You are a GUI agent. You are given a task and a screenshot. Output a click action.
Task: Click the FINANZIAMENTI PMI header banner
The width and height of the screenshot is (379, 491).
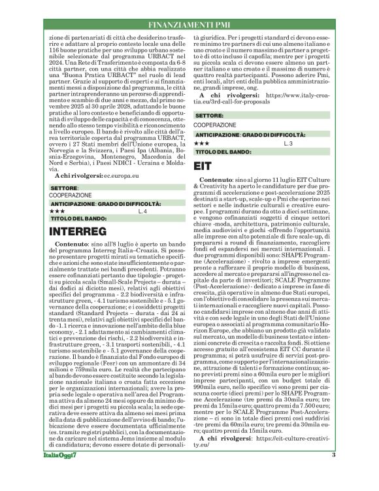coord(189,24)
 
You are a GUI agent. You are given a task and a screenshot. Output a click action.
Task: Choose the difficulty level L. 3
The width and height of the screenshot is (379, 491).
coord(270,142)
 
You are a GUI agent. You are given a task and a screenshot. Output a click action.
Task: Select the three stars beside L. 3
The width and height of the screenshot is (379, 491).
coord(201,142)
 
